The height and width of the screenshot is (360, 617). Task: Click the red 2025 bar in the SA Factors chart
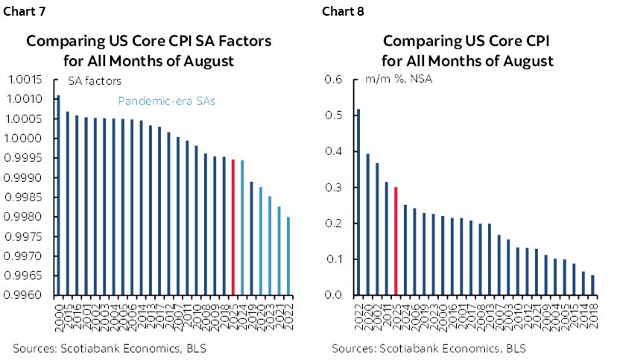[x=233, y=227]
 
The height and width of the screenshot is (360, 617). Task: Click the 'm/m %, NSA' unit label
[x=404, y=80]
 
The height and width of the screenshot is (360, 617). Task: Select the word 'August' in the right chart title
[x=527, y=60]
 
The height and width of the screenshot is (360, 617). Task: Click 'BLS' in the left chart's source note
[x=195, y=348]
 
